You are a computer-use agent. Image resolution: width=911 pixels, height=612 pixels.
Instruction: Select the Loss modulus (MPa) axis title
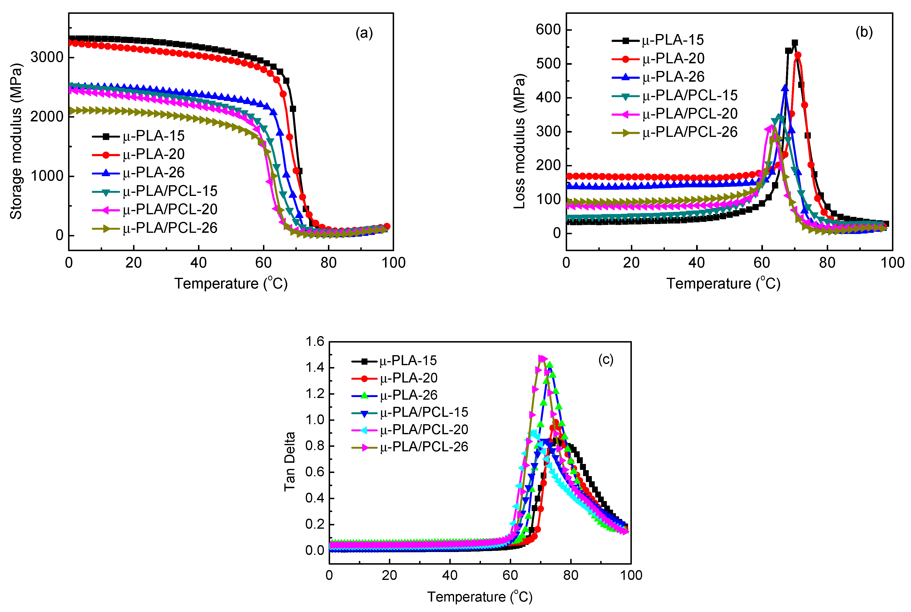pos(519,141)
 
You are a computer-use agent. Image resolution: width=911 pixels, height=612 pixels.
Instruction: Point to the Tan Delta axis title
pos(289,462)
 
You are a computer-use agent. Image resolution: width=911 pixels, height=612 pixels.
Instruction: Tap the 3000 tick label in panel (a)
pos(47,57)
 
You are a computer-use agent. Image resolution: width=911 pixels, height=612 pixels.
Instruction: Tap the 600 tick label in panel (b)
pos(548,30)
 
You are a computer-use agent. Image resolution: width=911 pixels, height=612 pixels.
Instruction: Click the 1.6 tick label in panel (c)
pos(314,342)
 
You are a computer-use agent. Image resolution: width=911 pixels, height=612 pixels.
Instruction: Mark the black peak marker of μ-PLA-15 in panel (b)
pos(794,43)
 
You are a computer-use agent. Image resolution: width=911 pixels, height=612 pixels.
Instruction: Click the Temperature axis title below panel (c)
pos(480,597)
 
